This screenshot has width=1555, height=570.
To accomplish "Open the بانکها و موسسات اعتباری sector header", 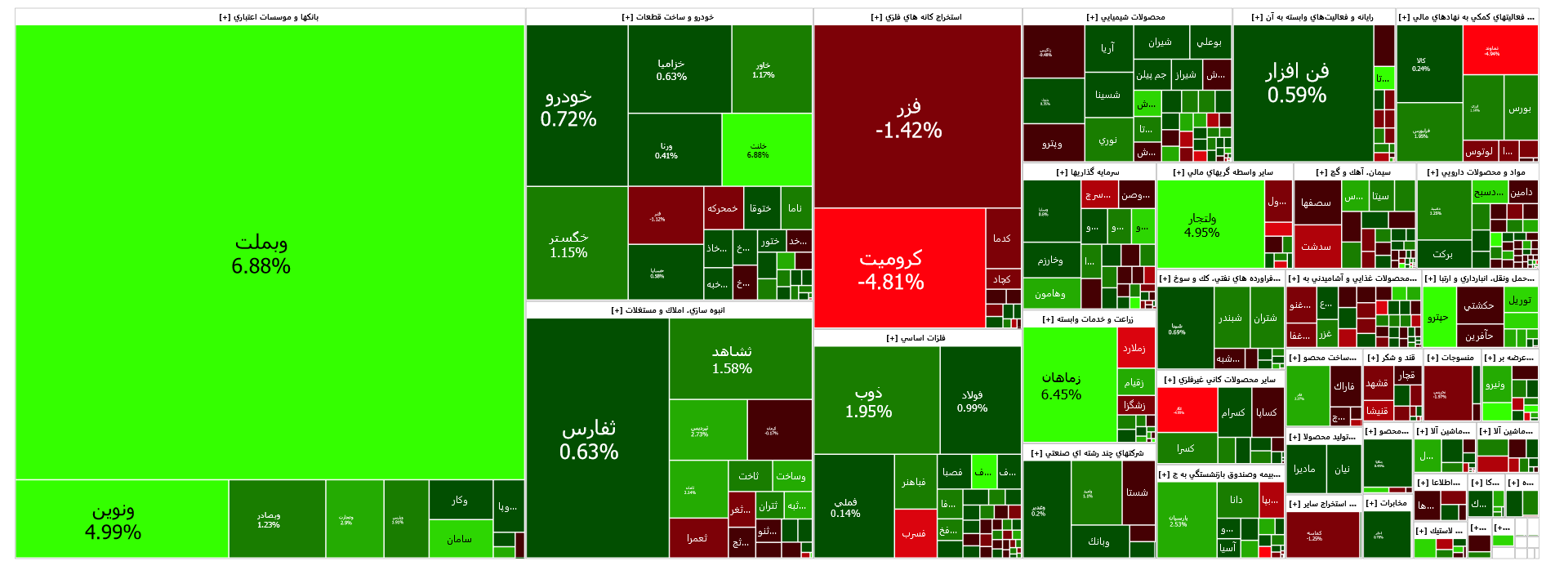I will pyautogui.click(x=270, y=17).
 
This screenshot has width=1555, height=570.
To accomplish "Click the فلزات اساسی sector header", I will pyautogui.click(x=916, y=338).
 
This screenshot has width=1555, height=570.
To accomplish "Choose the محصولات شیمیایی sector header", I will pyautogui.click(x=1126, y=17).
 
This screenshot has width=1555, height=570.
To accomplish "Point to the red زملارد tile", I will pyautogui.click(x=1135, y=348).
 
